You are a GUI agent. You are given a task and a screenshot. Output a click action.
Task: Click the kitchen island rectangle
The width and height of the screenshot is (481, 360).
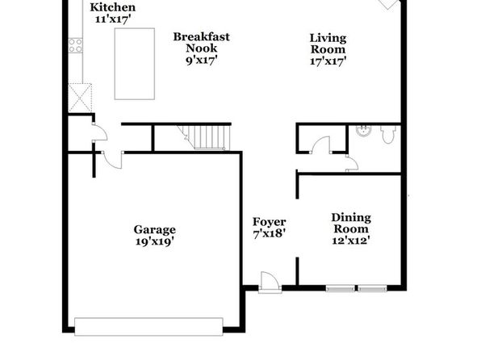click(134, 64)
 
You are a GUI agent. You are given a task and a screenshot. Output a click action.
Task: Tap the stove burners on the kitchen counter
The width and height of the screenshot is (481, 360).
click(76, 45)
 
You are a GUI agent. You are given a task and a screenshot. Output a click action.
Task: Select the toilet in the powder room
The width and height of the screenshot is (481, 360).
click(388, 134)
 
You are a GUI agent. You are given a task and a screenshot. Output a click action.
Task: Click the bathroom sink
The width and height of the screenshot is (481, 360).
click(363, 130)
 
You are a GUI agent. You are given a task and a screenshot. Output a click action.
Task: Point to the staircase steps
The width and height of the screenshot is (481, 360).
click(207, 137)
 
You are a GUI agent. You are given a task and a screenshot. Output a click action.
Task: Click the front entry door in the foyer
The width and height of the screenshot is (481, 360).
click(270, 283)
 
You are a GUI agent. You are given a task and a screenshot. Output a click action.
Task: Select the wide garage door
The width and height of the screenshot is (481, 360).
click(148, 327)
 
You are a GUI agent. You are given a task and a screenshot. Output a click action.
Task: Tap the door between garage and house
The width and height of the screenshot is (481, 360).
click(112, 160)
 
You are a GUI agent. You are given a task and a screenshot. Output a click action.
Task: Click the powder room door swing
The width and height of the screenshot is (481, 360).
click(352, 163)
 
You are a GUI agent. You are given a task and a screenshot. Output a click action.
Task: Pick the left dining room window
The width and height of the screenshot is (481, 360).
click(341, 288)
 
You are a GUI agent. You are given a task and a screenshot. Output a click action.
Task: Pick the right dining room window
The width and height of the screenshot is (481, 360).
click(372, 288)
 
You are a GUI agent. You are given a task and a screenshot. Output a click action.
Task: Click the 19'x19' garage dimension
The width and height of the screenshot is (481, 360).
click(155, 241)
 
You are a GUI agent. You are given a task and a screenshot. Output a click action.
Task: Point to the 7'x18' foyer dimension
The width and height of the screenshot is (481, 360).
click(270, 233)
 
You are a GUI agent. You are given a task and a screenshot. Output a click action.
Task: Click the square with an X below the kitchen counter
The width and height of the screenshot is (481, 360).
click(80, 98)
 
